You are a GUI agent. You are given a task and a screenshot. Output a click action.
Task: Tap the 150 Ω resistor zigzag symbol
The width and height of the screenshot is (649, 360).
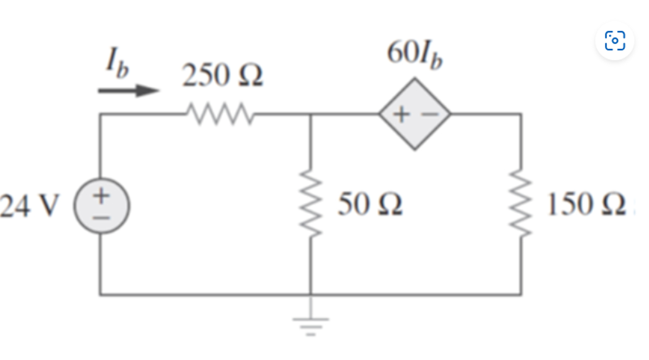pos(522,205)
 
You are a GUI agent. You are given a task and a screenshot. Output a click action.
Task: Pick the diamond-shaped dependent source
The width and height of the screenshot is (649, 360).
pos(415,114)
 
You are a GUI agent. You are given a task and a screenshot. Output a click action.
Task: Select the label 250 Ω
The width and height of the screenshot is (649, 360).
pos(222,76)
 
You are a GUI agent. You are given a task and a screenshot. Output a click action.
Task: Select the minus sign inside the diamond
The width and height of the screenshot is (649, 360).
pos(428,114)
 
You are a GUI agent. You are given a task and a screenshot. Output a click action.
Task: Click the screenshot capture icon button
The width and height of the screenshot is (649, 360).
pos(615,41)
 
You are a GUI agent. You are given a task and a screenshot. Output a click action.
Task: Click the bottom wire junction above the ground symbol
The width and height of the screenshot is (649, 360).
pos(311,295)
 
